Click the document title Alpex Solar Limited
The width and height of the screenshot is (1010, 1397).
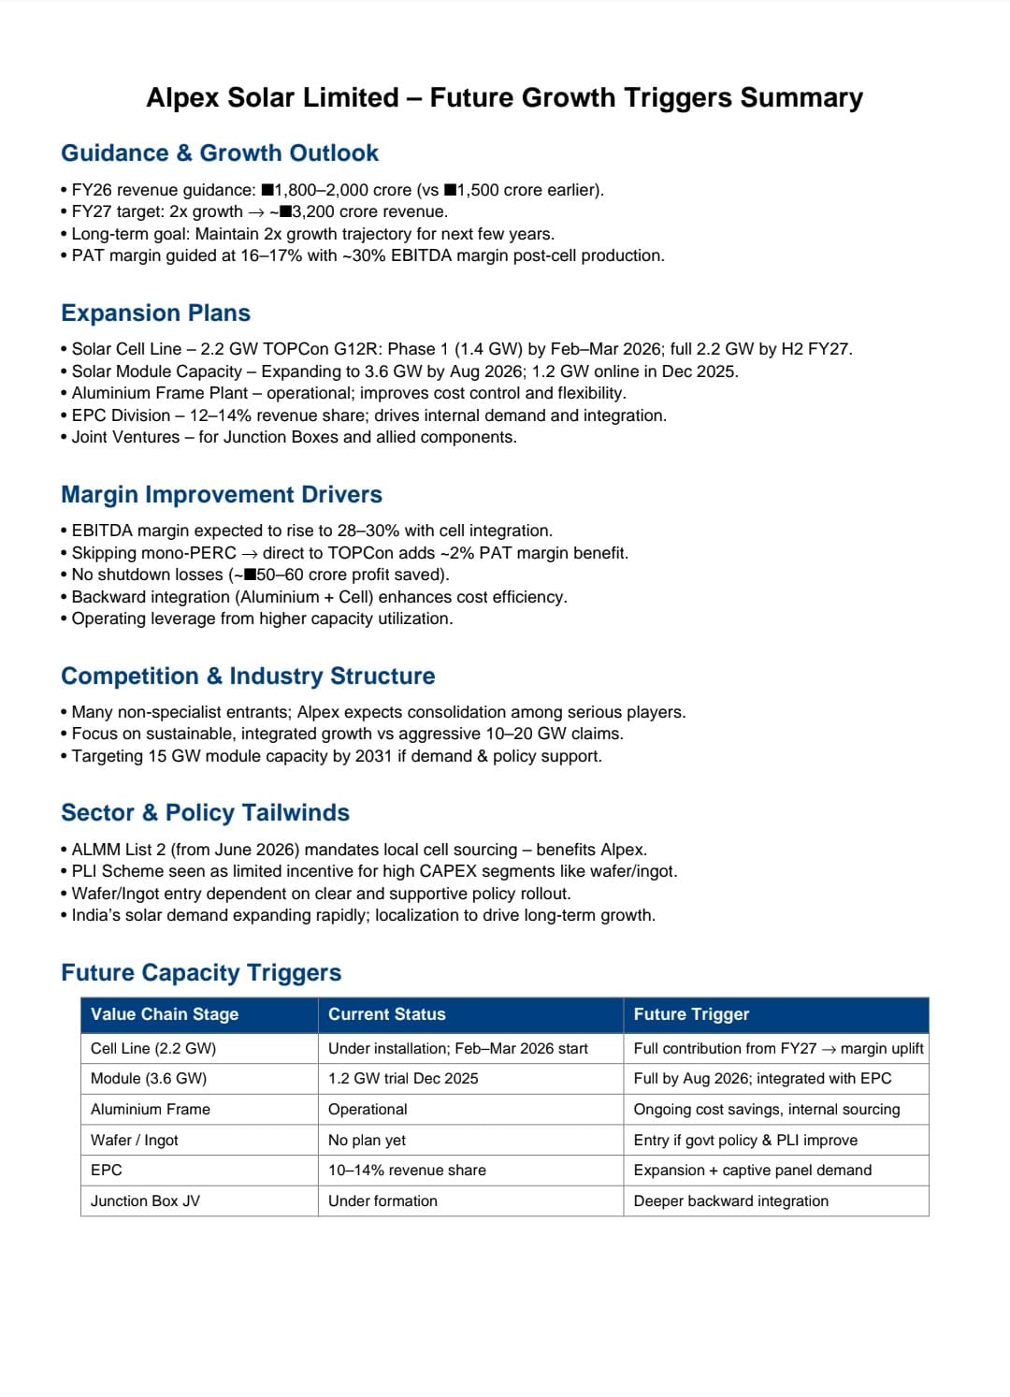[x=504, y=97]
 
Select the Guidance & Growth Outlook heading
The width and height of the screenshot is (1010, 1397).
[x=220, y=153]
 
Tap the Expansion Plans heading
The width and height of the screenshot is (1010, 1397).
[x=155, y=313]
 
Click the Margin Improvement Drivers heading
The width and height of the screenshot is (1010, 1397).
[x=222, y=494]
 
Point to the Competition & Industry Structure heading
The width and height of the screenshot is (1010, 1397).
[x=248, y=676]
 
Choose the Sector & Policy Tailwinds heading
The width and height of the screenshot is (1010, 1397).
[x=205, y=812]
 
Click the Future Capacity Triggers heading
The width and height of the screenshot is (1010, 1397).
[x=201, y=972]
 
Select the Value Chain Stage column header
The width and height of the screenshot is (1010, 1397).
[x=165, y=1014]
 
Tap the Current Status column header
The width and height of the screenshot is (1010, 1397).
[x=387, y=1014]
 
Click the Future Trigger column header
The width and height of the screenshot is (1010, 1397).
[x=691, y=1014]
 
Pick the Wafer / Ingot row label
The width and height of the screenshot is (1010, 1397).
[x=135, y=1140]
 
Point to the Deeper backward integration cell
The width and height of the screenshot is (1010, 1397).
[x=730, y=1201]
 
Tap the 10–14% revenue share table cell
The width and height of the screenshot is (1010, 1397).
[x=407, y=1170]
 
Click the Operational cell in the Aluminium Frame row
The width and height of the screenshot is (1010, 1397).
[x=368, y=1109]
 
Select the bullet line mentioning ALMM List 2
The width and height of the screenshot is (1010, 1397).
[x=359, y=850]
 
